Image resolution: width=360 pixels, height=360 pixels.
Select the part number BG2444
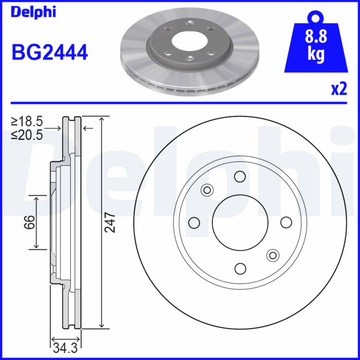click(49, 53)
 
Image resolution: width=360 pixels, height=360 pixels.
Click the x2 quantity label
click(339, 89)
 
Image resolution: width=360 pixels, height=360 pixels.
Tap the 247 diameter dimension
click(111, 222)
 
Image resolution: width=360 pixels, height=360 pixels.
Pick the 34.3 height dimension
click(65, 347)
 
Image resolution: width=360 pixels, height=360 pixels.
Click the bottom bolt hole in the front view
click(240, 269)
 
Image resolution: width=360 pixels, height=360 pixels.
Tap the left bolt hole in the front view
click(194, 222)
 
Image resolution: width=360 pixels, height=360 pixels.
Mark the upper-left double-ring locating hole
click(207, 189)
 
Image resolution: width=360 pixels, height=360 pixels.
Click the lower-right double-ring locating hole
click(272, 255)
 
